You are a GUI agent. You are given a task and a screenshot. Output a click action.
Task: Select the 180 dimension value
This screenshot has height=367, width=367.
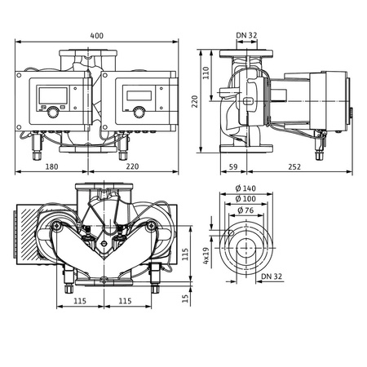coord(51,166)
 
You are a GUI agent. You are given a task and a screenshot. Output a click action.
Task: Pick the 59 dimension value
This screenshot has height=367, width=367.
coord(233,166)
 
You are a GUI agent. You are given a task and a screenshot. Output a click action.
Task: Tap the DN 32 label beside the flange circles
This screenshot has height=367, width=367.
coord(273,277)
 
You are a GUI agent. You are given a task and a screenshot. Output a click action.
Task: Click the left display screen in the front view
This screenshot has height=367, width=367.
coord(51,93)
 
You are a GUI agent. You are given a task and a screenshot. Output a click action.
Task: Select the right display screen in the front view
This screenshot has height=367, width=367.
coord(135,93)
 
